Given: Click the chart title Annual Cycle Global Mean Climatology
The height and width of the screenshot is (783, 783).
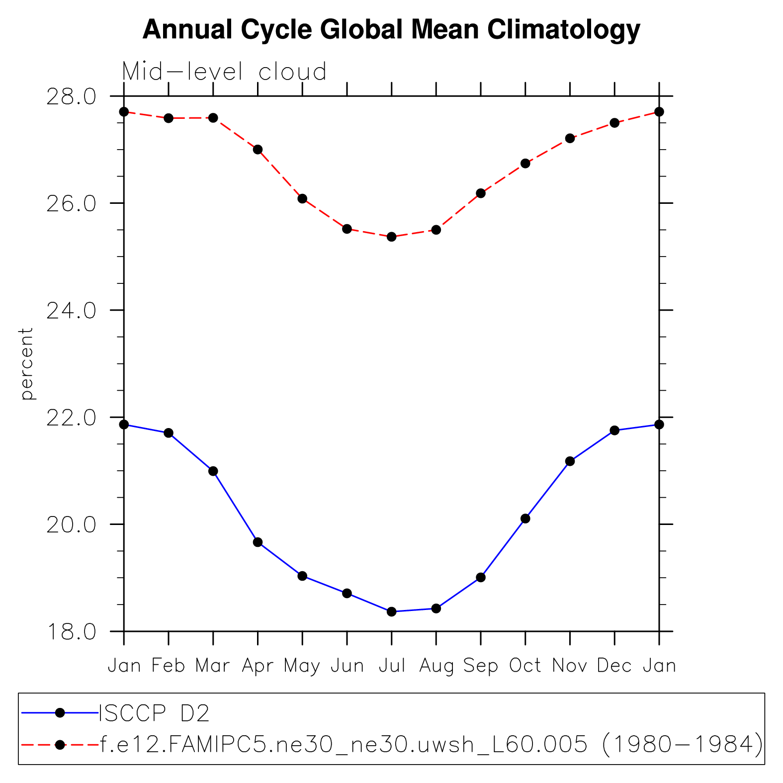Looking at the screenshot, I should click(x=391, y=30).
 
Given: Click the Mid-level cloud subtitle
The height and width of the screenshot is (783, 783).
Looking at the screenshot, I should click(x=224, y=72).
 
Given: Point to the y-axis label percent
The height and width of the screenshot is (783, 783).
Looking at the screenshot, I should click(x=26, y=363).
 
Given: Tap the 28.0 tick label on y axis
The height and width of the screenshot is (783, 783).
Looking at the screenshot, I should click(x=71, y=97).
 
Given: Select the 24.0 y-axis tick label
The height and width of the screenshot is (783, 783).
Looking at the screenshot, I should click(x=71, y=311).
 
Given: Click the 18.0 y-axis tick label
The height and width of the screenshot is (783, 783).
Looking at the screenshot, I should click(x=71, y=632).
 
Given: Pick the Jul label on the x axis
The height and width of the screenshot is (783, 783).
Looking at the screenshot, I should click(x=392, y=665).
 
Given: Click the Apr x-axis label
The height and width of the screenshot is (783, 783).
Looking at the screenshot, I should click(x=258, y=666).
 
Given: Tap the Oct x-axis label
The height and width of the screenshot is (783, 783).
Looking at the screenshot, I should click(x=525, y=665).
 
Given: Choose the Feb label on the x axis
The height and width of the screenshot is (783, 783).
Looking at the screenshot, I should click(x=169, y=665).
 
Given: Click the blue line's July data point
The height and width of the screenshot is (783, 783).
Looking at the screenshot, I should click(x=392, y=611).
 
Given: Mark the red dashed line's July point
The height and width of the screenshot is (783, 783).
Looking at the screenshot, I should click(x=392, y=237).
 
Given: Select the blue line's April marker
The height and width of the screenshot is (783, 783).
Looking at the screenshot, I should click(x=258, y=542).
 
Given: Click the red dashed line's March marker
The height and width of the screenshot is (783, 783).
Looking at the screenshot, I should click(x=213, y=118).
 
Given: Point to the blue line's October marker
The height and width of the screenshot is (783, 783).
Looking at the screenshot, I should click(x=525, y=519).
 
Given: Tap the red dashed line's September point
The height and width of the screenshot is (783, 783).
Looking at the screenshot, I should click(x=481, y=193).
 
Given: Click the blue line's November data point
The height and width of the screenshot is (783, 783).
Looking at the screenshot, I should click(x=570, y=461).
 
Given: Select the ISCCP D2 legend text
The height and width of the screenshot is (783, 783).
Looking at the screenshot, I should click(x=155, y=713).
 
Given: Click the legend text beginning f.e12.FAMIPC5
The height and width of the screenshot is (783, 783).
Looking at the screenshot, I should click(x=431, y=745).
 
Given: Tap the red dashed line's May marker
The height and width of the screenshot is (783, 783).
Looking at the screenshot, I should click(x=302, y=198).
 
